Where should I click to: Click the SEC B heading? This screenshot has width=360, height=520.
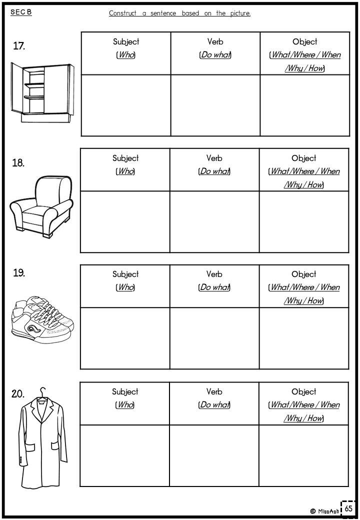(21, 12)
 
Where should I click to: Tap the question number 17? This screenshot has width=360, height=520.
(19, 46)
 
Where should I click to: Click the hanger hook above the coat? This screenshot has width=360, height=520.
(43, 392)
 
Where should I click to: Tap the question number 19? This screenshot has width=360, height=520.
(19, 272)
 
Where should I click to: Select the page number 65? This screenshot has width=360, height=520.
(348, 508)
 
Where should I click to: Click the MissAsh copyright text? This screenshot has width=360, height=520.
(325, 511)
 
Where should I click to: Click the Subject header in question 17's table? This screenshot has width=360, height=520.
(126, 42)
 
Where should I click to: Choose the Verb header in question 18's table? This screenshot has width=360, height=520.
(214, 158)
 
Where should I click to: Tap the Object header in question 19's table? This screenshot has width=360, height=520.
(304, 274)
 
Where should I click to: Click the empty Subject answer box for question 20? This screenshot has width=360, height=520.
(124, 455)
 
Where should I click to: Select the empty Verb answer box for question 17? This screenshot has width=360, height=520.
(215, 105)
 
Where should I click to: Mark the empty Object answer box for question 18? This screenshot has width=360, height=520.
(304, 221)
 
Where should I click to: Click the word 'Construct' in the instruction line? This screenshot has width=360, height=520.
(122, 13)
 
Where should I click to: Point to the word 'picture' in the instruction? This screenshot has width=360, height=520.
(240, 13)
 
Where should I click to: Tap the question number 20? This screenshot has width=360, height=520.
(18, 394)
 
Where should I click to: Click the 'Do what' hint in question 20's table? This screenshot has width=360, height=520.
(214, 405)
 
